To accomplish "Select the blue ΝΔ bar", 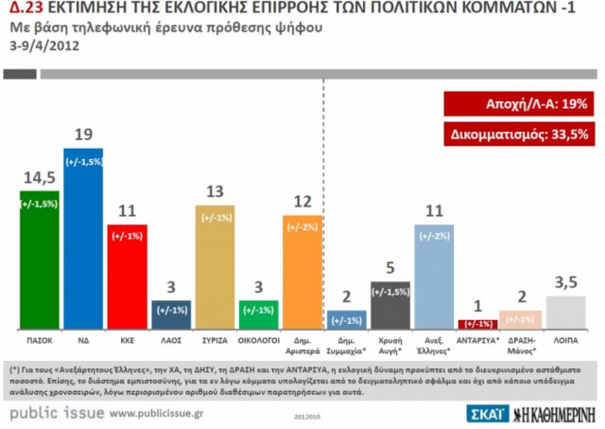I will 82,238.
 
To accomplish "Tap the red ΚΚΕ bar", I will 127,276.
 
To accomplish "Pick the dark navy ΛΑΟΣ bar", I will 170,313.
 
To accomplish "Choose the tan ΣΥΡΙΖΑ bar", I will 215,266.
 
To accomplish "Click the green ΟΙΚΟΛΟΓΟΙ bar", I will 258,313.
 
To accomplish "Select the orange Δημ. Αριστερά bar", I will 302,271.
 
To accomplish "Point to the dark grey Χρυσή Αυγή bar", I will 389,304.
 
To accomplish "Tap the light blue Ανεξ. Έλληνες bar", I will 434,276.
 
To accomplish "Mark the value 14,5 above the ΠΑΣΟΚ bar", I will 39,177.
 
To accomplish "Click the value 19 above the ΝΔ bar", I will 82,134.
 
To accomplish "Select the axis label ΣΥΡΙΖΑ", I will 215,337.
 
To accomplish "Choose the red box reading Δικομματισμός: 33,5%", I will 516,134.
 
